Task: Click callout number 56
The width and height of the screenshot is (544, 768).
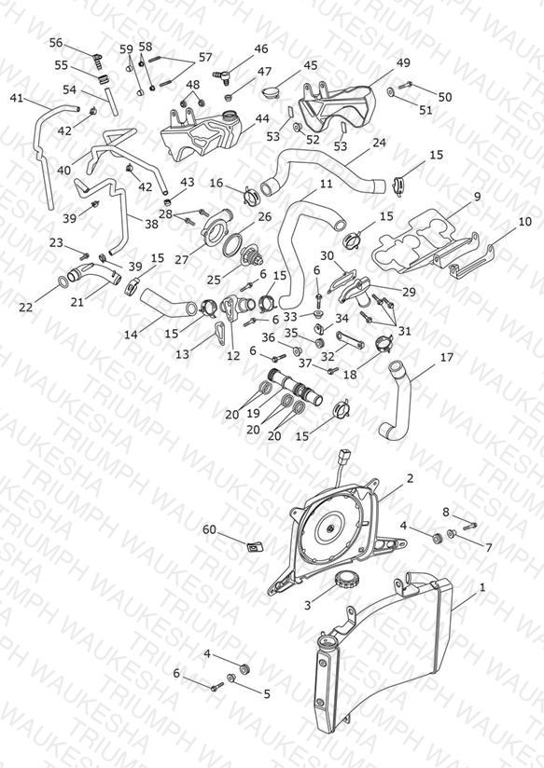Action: pyautogui.click(x=56, y=43)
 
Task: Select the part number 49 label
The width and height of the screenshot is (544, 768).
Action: pyautogui.click(x=403, y=62)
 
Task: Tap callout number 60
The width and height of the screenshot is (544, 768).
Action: pyautogui.click(x=209, y=529)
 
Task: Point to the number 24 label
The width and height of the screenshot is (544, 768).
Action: pyautogui.click(x=379, y=143)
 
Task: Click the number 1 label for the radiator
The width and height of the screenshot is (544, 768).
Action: pyautogui.click(x=482, y=587)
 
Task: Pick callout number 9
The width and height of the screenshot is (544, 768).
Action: pyautogui.click(x=477, y=197)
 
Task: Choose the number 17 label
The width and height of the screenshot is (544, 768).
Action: pyautogui.click(x=447, y=357)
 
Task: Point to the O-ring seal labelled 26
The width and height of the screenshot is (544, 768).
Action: pyautogui.click(x=233, y=243)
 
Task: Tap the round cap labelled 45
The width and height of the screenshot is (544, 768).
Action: pyautogui.click(x=271, y=92)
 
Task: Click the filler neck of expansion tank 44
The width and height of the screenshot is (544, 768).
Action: pyautogui.click(x=229, y=117)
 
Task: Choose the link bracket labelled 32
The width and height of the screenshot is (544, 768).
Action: pyautogui.click(x=350, y=339)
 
